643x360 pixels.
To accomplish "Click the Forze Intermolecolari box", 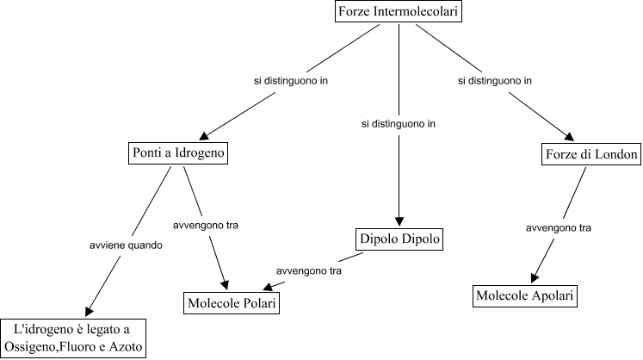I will (399, 12).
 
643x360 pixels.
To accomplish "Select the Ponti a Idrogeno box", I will (179, 154).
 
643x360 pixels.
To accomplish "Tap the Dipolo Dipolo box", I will (399, 239).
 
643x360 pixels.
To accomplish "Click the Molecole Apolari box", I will (524, 297).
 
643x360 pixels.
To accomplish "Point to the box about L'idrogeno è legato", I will (73, 338).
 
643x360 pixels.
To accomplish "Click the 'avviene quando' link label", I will (126, 245).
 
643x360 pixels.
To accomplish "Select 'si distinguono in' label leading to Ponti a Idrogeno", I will (295, 82).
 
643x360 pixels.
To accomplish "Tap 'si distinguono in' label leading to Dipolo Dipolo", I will (399, 124).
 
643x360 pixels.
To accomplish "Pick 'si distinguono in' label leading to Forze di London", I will (494, 82).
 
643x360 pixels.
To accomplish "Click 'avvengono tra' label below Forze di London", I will (559, 228).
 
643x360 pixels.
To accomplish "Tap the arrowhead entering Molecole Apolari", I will (535, 278).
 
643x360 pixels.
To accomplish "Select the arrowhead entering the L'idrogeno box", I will (88, 311).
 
